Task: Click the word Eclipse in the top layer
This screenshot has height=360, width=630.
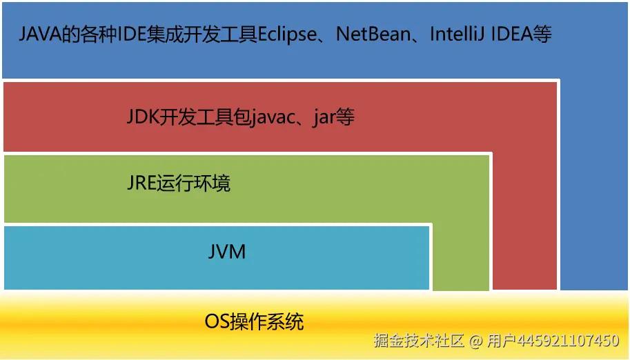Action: pos(287,34)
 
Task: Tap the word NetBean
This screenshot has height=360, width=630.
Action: pos(373,34)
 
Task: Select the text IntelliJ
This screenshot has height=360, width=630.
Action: pos(457,34)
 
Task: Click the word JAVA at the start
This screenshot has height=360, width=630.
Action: pos(40,34)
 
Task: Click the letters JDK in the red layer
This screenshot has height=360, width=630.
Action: pos(143,117)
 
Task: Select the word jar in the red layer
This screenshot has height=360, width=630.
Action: pos(324,118)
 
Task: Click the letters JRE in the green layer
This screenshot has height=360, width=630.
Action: pos(141,183)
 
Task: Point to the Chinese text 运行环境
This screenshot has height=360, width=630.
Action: pos(193,183)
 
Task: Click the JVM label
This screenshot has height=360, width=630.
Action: pos(227,252)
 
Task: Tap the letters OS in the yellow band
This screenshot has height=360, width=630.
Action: pos(217,321)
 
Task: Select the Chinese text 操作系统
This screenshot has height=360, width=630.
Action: pos(267,321)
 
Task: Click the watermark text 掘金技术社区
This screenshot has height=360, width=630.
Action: pos(419,341)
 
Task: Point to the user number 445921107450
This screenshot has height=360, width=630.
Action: pos(568,341)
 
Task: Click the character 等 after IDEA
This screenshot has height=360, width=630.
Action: pos(542,34)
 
